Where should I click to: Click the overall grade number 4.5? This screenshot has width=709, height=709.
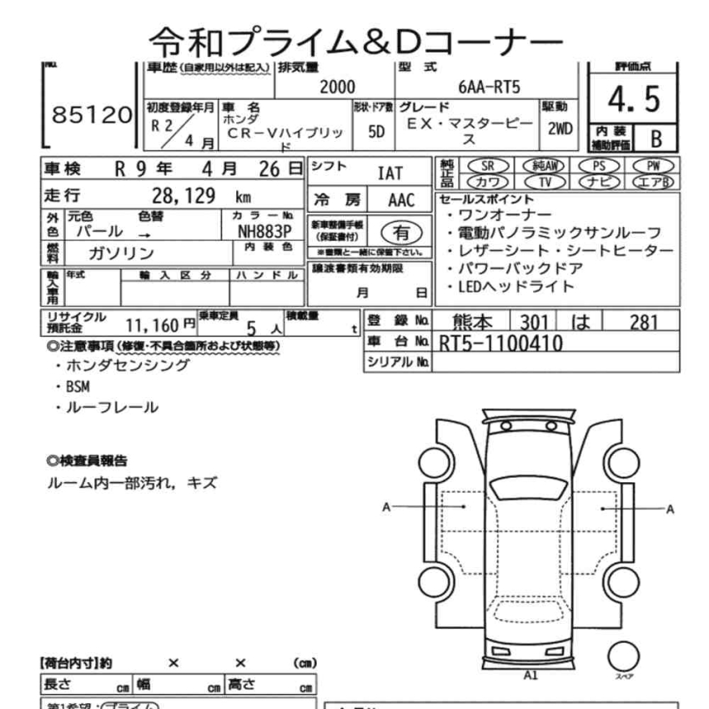634,100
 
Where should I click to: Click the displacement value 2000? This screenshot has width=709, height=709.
338,87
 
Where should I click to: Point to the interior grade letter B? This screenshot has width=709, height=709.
656,136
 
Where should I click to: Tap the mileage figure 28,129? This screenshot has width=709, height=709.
185,196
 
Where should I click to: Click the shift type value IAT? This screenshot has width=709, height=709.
390,173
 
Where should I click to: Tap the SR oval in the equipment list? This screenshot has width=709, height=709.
487,165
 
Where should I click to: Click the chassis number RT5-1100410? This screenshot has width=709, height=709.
500,342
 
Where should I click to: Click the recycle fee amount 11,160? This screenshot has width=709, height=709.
153,325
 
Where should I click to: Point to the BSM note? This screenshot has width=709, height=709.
77,387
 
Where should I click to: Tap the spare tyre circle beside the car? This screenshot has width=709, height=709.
622,655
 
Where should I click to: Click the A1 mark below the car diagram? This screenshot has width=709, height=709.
530,675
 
